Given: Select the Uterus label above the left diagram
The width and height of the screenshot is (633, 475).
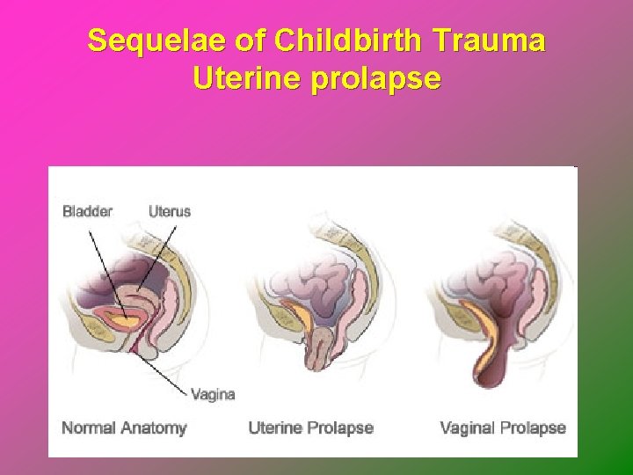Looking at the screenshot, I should pyautogui.click(x=169, y=211).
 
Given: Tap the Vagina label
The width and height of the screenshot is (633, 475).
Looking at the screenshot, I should pyautogui.click(x=214, y=394).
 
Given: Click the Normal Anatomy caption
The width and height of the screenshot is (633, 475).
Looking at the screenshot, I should pyautogui.click(x=124, y=428).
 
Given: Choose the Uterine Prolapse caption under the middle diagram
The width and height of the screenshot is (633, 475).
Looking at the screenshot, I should pyautogui.click(x=310, y=428).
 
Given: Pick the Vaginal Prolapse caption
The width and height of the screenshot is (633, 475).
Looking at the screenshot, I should pyautogui.click(x=502, y=428).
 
